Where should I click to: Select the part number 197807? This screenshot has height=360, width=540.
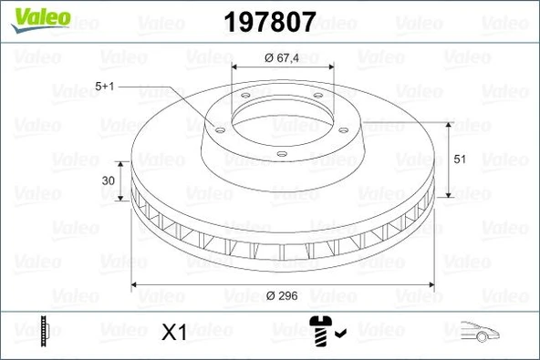pos(270,18)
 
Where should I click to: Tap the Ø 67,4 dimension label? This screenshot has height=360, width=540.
pos(281,57)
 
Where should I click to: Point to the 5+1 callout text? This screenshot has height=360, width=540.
pos(106,87)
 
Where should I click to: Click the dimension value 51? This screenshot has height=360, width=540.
pos(460,159)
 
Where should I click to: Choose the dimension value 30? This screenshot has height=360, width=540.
pos(109,180)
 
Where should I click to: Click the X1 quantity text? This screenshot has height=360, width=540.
pos(173,333)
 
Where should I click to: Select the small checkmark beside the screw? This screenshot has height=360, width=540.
pos(338,334)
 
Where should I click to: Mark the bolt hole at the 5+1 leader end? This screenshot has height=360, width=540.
pos(220,129)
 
